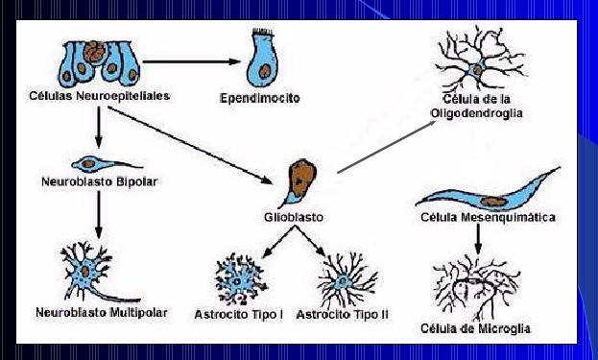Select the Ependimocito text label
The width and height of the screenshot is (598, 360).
261,98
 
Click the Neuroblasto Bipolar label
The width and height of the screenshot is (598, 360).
99,180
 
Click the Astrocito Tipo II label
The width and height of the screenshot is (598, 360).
343,315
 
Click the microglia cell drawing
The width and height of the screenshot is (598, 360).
478,285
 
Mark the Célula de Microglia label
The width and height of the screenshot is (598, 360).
475,328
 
